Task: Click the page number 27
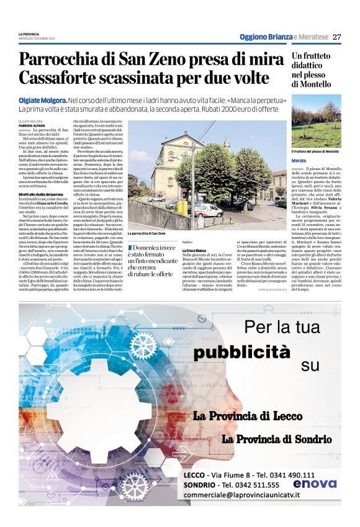point(337,37)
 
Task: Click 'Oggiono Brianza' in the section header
point(266,37)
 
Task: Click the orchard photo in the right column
point(316,120)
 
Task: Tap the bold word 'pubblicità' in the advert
point(232,353)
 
